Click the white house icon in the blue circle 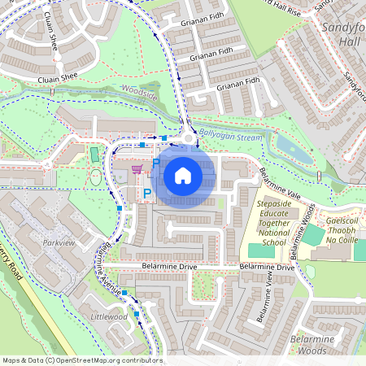[x=182, y=175]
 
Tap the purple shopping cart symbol [x=137, y=168]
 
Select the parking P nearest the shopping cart [x=155, y=164]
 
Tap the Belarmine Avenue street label [x=108, y=269]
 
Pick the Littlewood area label [x=109, y=316]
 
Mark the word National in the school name [x=274, y=232]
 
